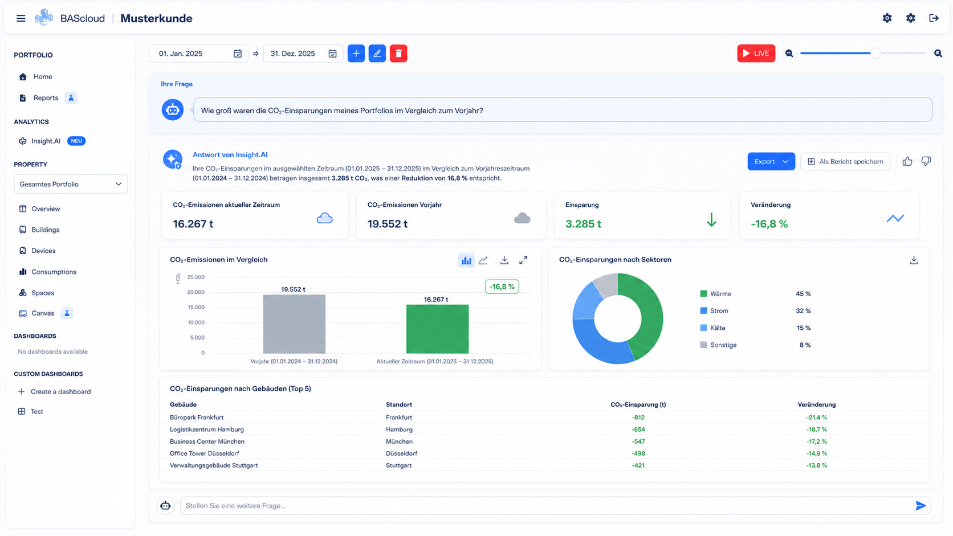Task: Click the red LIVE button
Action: click(756, 53)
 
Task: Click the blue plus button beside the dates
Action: click(356, 53)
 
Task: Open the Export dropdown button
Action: click(771, 162)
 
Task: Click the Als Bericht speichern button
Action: click(845, 162)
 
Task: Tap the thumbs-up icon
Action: click(907, 161)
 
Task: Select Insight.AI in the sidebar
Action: click(46, 141)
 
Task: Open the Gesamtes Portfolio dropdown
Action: click(71, 184)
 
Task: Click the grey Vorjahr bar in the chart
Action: click(294, 324)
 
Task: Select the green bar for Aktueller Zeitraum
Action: click(437, 329)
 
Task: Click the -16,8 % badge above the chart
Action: click(502, 287)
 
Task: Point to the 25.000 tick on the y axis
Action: click(196, 277)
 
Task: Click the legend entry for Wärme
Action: click(715, 294)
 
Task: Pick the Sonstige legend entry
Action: click(718, 345)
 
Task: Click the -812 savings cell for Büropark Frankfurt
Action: click(638, 418)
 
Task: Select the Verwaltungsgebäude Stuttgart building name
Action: click(214, 465)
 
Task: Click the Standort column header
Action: click(398, 404)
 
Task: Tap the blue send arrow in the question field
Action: click(921, 505)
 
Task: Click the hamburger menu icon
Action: click(21, 18)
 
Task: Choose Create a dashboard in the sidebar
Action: click(60, 391)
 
